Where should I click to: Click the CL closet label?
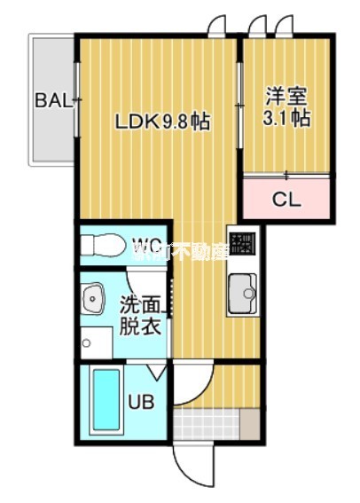pos(286,200)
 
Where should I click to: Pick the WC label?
pos(146,242)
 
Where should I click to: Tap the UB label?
pos(141,401)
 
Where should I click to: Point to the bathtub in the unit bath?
pos(106,401)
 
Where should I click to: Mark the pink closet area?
pos(288,199)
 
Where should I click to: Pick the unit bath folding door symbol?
pos(157,373)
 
